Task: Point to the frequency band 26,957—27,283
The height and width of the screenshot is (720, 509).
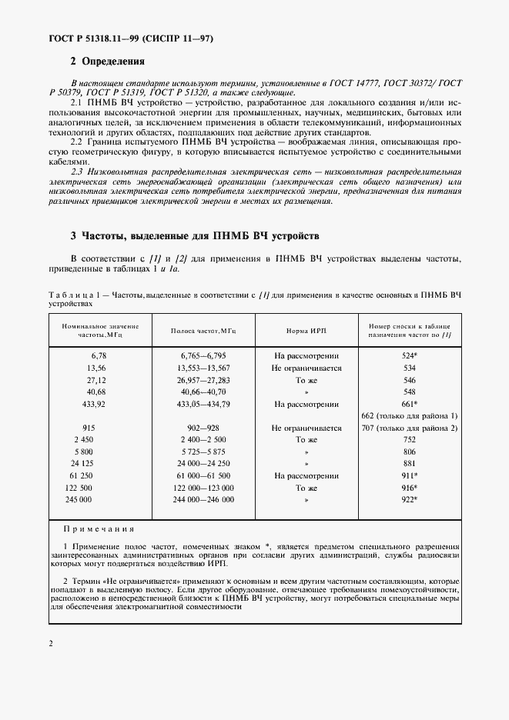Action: (203, 380)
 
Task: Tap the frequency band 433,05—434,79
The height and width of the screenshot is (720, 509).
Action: (203, 404)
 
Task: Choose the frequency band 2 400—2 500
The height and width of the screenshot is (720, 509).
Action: (203, 440)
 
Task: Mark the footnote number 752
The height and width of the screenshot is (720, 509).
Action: (409, 440)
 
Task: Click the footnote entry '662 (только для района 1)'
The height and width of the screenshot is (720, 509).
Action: (409, 415)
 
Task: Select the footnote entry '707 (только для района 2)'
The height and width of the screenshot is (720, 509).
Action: (409, 428)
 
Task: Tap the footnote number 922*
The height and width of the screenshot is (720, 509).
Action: (409, 500)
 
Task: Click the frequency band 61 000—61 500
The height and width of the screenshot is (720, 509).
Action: (203, 476)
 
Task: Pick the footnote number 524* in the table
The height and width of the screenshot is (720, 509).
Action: (409, 356)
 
